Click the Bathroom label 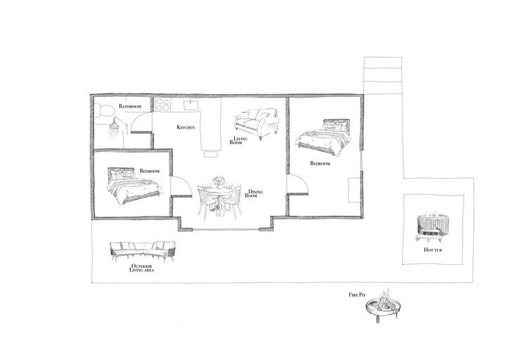point(130,106)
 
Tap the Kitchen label point(186,127)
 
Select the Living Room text point(238,140)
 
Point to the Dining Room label point(254,193)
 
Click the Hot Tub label point(432,250)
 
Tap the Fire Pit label point(357,295)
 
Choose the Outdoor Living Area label point(142,268)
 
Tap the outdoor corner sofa point(143,251)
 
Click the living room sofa point(257,124)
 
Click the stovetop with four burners point(162,105)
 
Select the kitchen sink point(191,105)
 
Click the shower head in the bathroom point(114,128)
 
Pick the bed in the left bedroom point(134,186)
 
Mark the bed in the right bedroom point(323,137)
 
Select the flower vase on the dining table point(219,182)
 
